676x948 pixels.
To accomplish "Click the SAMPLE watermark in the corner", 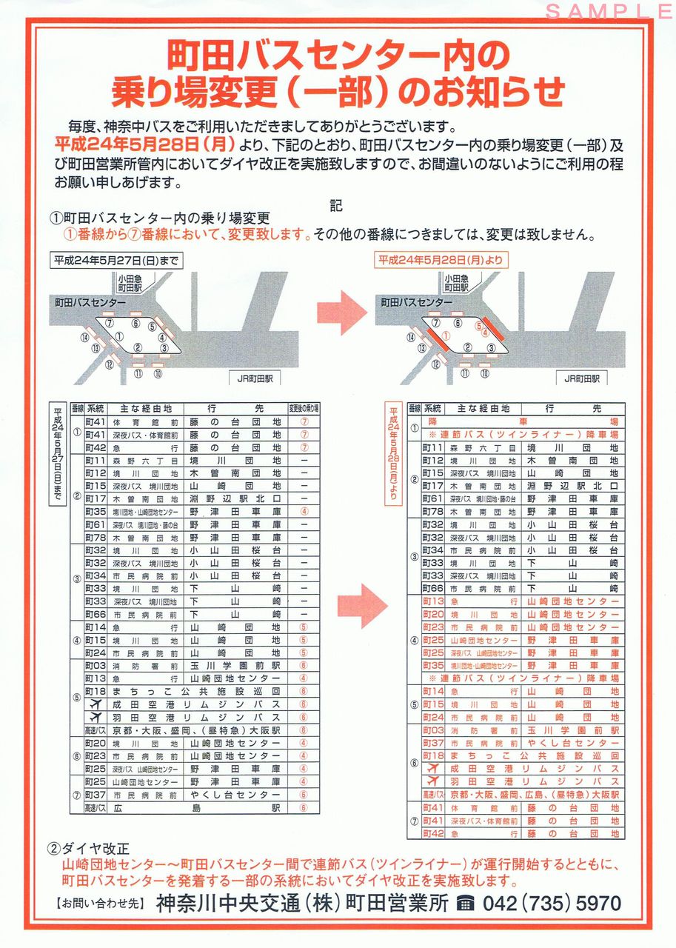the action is click(609, 11).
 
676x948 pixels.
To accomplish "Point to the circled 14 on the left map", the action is click(85, 337).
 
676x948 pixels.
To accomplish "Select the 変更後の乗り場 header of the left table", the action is click(304, 408).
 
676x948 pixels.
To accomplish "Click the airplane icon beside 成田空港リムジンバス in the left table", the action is click(95, 704).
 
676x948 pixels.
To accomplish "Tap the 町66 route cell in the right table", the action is click(432, 589).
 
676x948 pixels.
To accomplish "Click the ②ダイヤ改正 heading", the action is click(88, 848).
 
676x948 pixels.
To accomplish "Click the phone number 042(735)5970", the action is click(552, 904).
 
